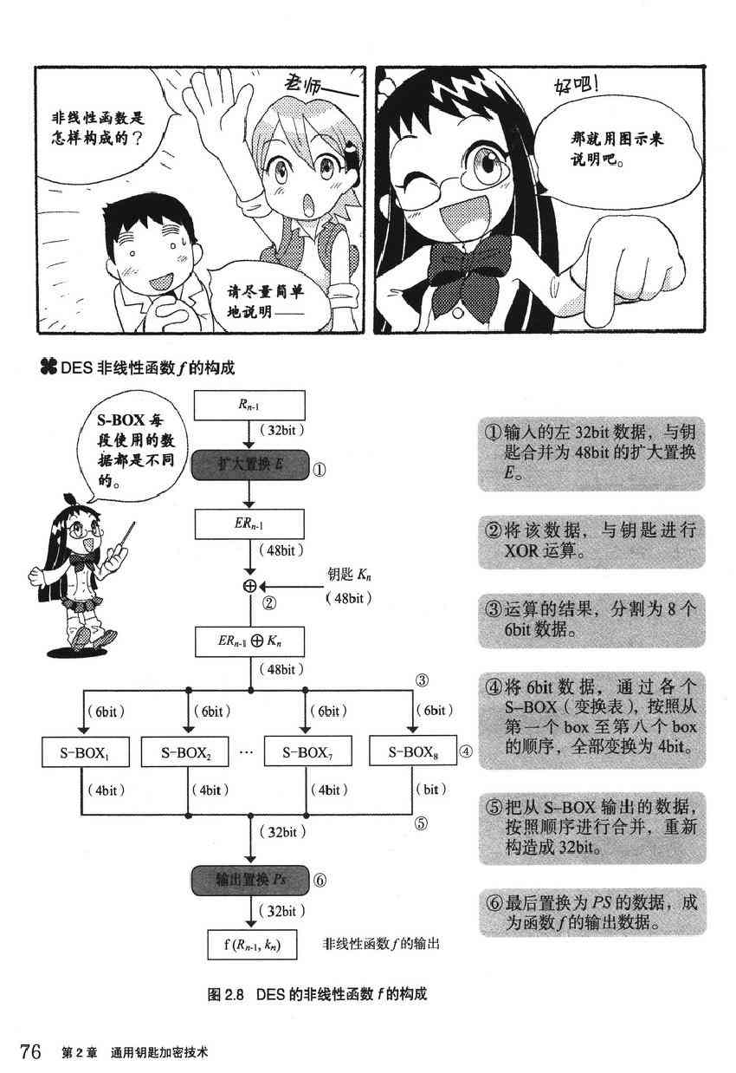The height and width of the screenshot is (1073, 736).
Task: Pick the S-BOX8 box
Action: pos(410,751)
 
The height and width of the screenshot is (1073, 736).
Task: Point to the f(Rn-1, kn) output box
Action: pos(254,943)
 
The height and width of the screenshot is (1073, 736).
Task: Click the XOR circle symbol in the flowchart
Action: pos(250,586)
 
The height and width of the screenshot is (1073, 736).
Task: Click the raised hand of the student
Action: pos(216,108)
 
